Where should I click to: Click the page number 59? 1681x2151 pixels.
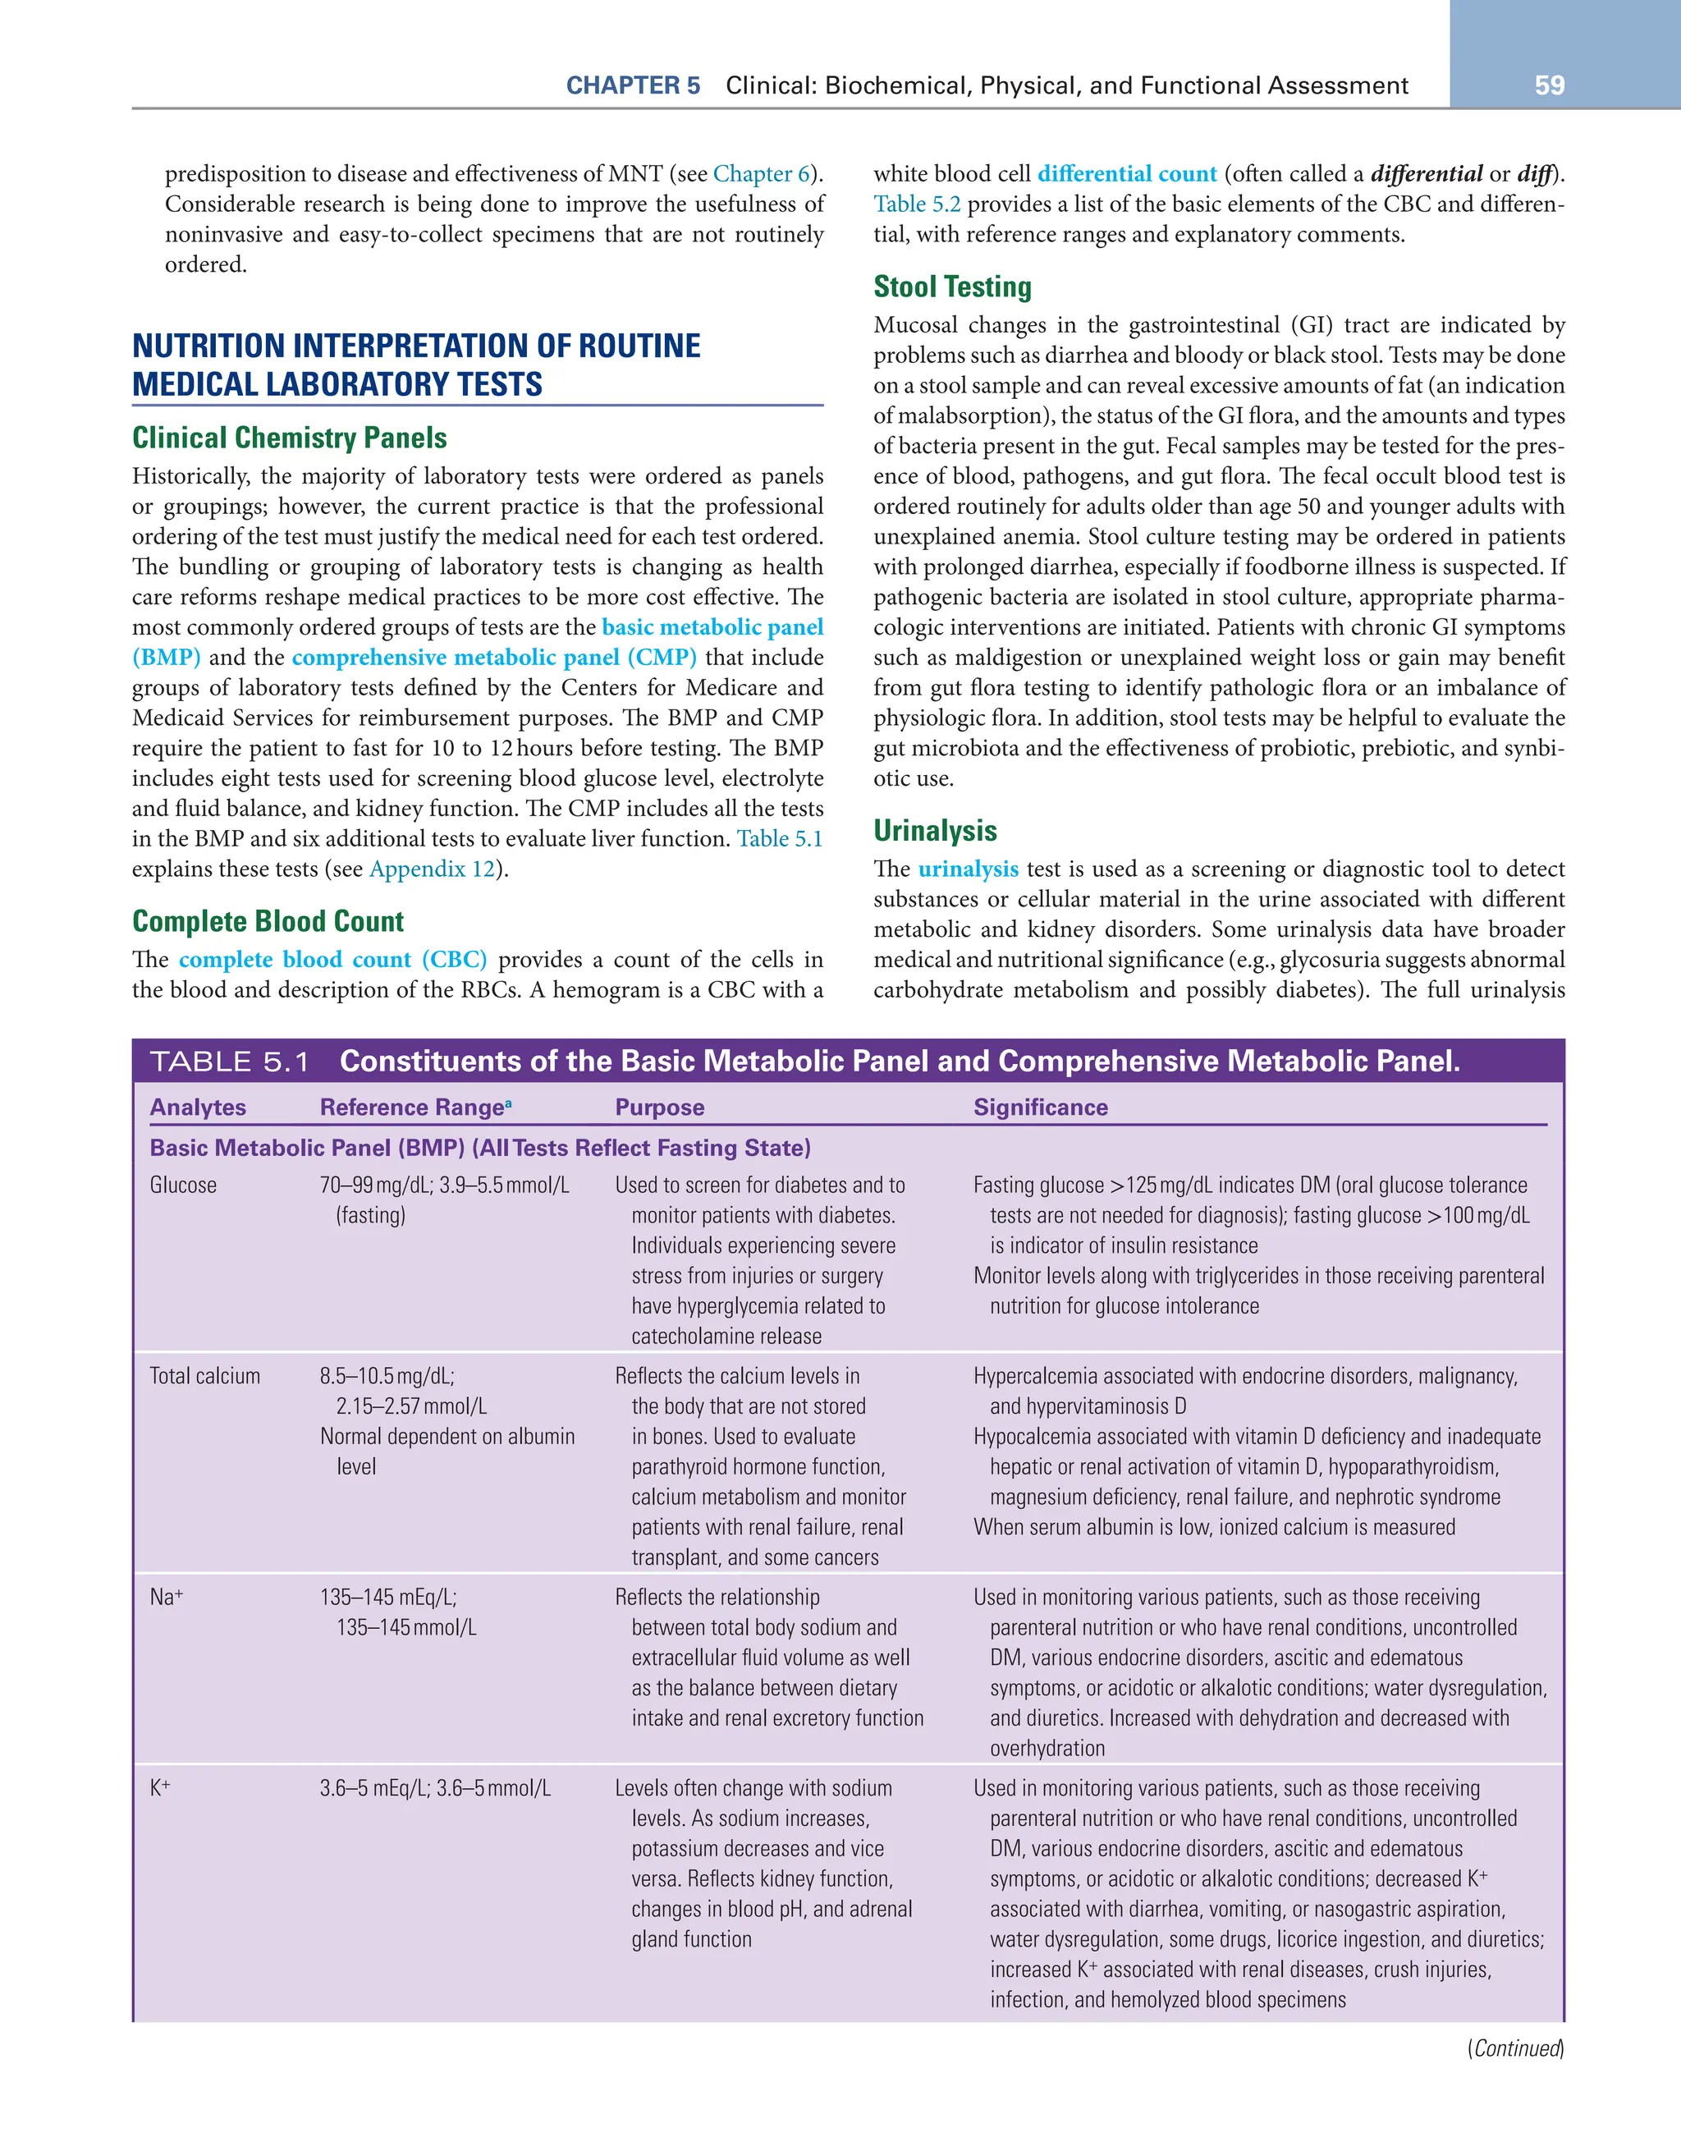(x=1549, y=85)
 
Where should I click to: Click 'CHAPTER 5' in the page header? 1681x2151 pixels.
(x=632, y=85)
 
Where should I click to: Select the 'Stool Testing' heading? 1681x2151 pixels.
(x=951, y=287)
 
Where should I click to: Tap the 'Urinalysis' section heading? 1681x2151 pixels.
(x=935, y=830)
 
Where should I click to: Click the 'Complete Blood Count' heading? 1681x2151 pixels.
(x=268, y=921)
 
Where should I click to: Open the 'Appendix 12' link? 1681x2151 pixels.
(x=431, y=869)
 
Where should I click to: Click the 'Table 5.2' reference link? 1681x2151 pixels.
(x=916, y=205)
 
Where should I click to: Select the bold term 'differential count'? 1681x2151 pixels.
(x=1127, y=174)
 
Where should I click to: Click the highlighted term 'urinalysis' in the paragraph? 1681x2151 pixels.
(x=967, y=869)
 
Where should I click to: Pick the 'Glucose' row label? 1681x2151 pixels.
(x=183, y=1185)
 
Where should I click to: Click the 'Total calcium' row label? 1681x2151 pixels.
(x=205, y=1376)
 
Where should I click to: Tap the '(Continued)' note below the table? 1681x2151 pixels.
(x=1514, y=2048)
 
